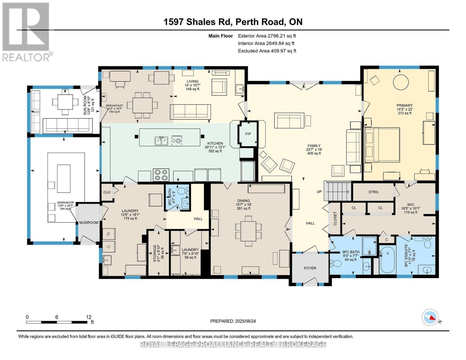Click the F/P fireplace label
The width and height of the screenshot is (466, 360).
(x=248, y=134)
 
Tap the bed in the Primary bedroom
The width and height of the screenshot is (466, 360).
(x=382, y=145)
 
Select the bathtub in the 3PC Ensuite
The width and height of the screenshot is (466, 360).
(x=388, y=260)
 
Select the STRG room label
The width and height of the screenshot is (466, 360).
(x=373, y=192)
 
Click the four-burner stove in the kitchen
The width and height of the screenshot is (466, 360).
(x=161, y=175)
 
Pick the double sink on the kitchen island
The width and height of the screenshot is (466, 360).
(x=161, y=141)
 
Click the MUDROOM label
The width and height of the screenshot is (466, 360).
(x=89, y=223)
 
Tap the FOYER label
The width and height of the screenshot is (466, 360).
(x=310, y=268)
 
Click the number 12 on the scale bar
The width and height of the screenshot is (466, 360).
(x=89, y=317)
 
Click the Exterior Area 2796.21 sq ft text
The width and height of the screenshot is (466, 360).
(x=267, y=36)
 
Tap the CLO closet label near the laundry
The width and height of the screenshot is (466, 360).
(x=107, y=192)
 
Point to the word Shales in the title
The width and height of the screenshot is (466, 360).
(x=201, y=22)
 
